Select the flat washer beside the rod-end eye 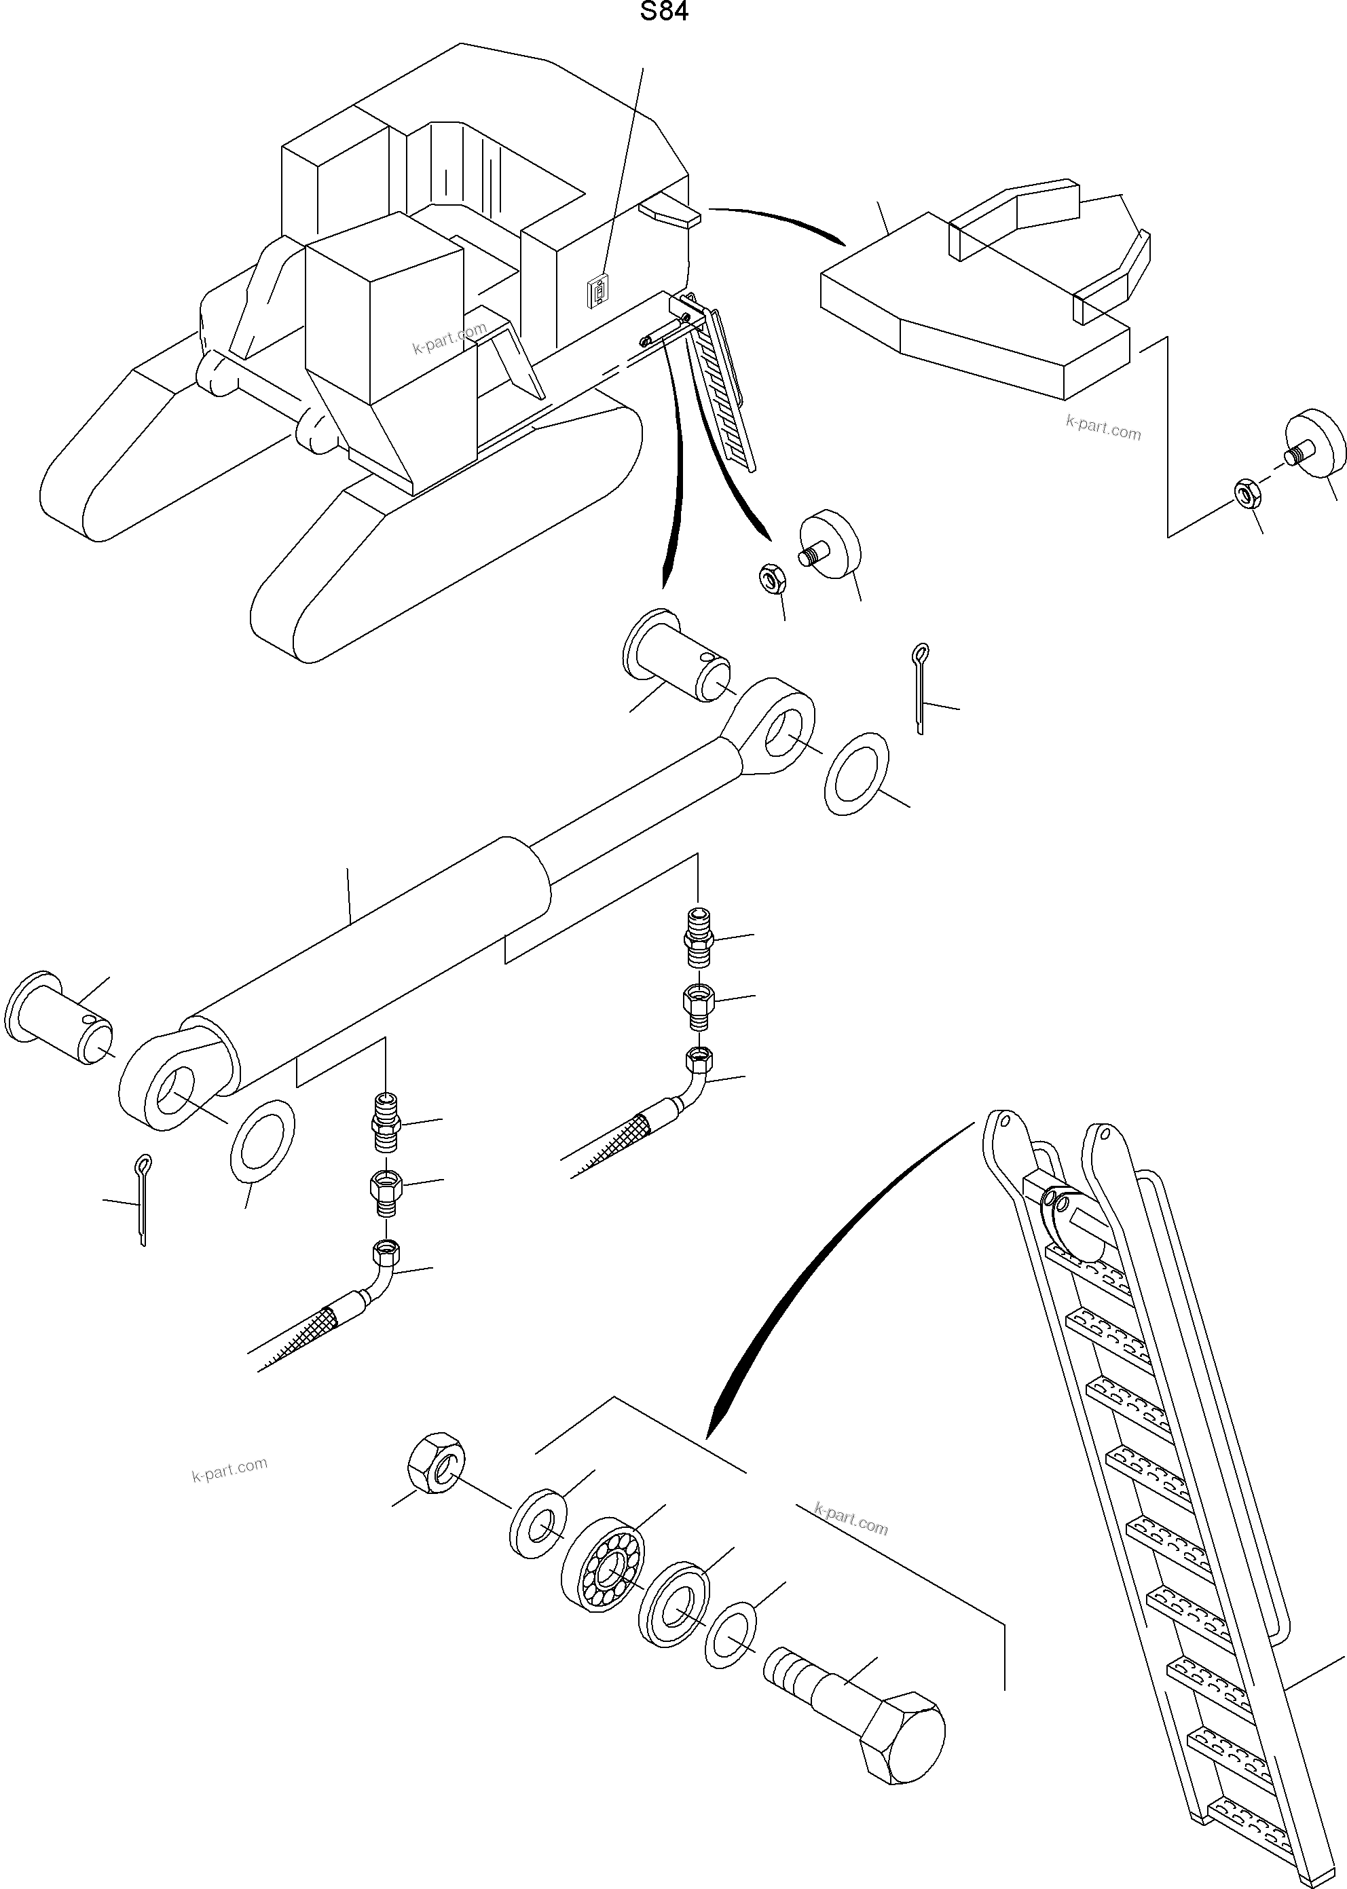[x=857, y=774]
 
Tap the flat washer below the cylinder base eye [x=261, y=1141]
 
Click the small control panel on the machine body [x=598, y=292]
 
